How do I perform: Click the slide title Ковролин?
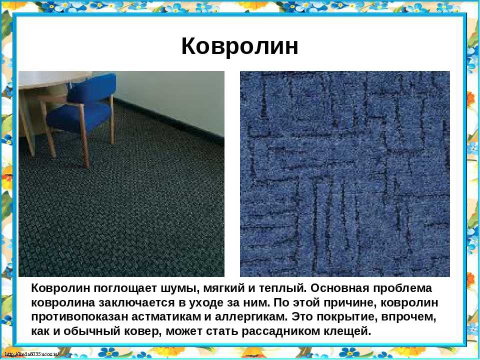tap(239, 46)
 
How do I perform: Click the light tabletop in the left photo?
tap(55, 79)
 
